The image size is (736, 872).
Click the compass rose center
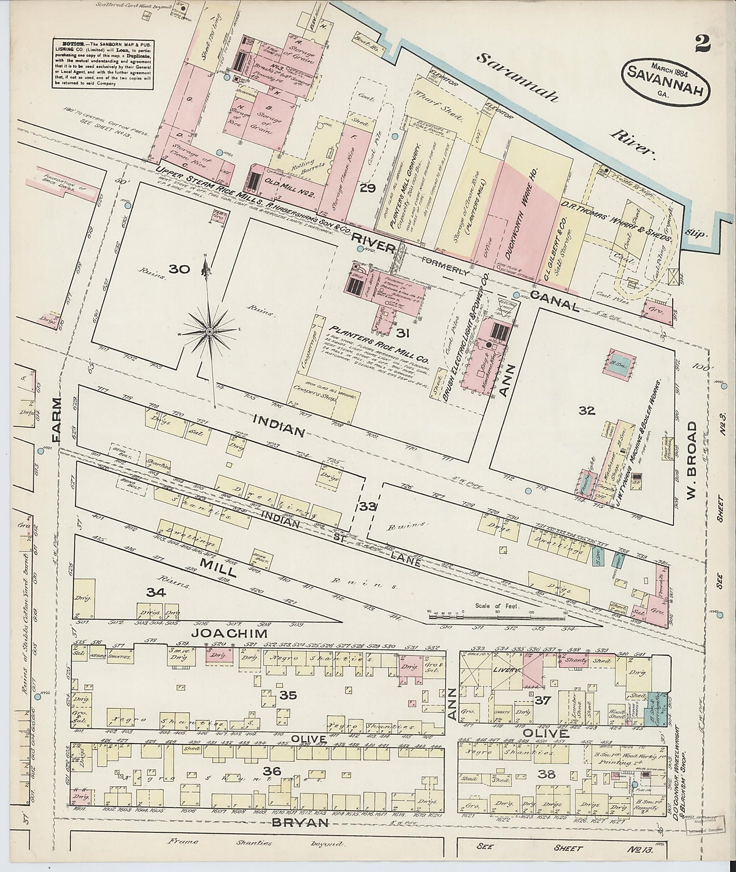210,332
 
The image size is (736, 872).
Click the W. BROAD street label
692,462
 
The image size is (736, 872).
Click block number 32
586,411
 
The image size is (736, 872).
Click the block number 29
367,188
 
